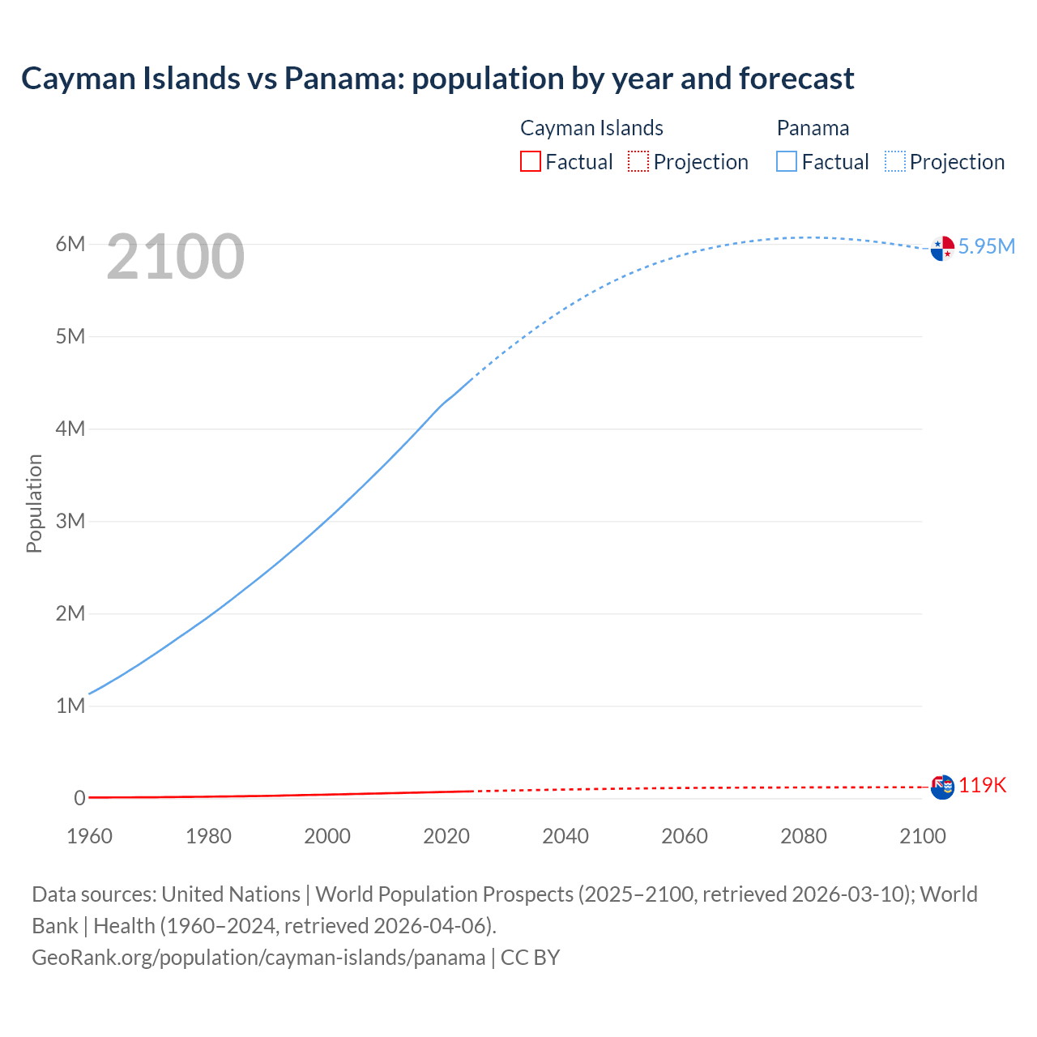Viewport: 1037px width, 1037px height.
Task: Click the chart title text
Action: tap(437, 79)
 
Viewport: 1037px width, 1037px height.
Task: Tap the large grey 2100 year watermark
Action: tap(175, 257)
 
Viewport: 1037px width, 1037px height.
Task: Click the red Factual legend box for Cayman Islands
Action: tap(530, 161)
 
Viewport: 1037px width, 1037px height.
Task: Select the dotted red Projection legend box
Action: tap(638, 161)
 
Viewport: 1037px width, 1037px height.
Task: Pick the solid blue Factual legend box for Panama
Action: tap(787, 161)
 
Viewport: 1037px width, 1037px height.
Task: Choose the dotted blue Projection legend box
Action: tap(894, 161)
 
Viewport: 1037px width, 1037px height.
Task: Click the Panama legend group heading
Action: tap(813, 128)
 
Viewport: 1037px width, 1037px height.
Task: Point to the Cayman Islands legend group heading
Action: tap(591, 128)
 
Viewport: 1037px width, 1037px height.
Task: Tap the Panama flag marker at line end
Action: tap(942, 249)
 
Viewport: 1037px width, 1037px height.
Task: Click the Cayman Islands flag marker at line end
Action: tap(942, 787)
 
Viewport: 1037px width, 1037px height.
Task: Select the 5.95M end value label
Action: tap(986, 246)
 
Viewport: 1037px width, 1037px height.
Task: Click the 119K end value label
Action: tap(982, 785)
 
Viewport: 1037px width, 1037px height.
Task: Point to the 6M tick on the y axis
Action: tap(70, 244)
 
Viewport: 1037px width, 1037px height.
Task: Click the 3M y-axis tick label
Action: tap(70, 521)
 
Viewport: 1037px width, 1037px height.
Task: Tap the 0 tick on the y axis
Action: tap(79, 798)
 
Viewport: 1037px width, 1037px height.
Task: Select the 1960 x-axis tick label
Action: tap(89, 836)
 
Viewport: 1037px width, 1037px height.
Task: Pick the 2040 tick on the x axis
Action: tap(565, 836)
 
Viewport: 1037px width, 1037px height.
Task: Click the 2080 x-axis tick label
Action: tap(804, 836)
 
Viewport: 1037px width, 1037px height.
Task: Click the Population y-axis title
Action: tap(34, 503)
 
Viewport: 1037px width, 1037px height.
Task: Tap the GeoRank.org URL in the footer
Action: tap(258, 958)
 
